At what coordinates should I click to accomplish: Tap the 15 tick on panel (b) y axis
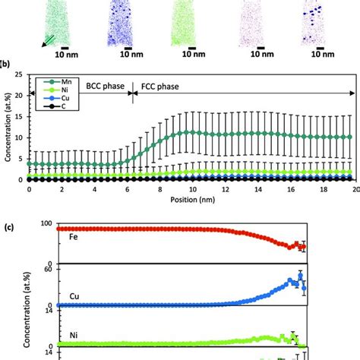19,136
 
